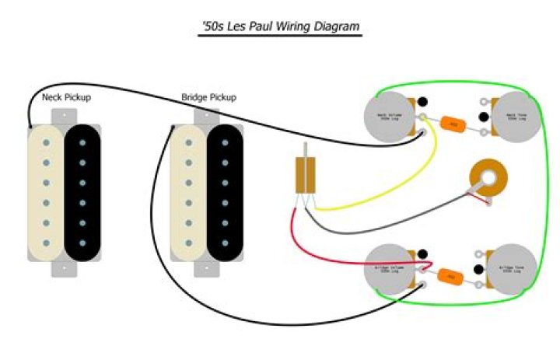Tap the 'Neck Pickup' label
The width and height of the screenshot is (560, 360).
(66, 98)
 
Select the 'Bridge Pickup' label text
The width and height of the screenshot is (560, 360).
(208, 98)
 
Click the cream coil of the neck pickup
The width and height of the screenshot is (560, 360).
(47, 193)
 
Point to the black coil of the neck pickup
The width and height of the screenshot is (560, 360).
(82, 193)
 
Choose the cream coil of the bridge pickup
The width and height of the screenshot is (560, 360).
(189, 193)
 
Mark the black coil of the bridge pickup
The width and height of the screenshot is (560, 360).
(225, 193)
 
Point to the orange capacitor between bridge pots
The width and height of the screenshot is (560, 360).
(449, 275)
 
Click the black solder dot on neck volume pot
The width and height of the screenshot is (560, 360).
(423, 101)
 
